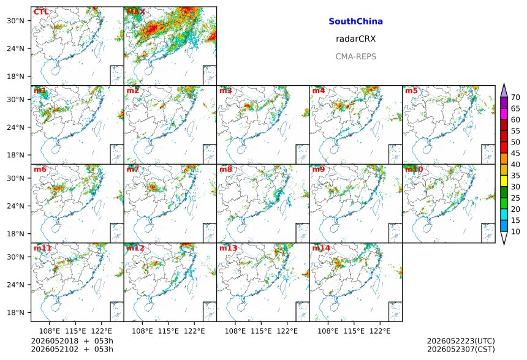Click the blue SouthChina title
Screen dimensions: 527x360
[355, 21]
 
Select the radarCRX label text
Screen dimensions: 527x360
[355, 39]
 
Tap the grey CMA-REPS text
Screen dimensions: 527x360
[355, 56]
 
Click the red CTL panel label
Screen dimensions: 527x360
[41, 12]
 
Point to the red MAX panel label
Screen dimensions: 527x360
[136, 12]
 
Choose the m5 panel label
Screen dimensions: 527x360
[411, 91]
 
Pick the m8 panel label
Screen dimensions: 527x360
[226, 169]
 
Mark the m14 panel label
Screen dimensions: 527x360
[321, 248]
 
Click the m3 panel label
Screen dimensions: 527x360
[226, 91]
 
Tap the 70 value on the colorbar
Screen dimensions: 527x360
[515, 97]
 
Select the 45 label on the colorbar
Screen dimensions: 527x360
[515, 153]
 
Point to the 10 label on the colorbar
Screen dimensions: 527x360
[515, 231]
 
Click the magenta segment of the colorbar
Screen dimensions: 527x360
[504, 114]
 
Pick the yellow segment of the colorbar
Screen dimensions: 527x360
[504, 181]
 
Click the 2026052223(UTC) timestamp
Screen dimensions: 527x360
[461, 341]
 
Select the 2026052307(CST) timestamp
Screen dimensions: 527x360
[461, 350]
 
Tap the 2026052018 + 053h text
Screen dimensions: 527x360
[72, 341]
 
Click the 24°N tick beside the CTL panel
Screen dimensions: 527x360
[15, 49]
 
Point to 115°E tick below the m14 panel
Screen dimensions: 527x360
[354, 331]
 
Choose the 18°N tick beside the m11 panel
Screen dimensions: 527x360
[15, 313]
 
